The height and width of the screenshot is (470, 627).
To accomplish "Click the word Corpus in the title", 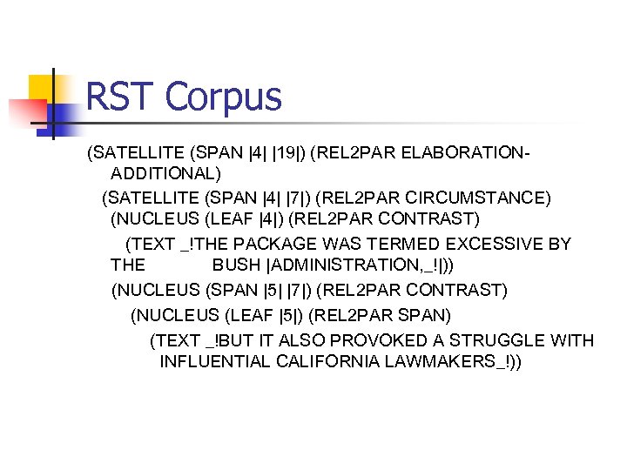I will pos(223,97).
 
